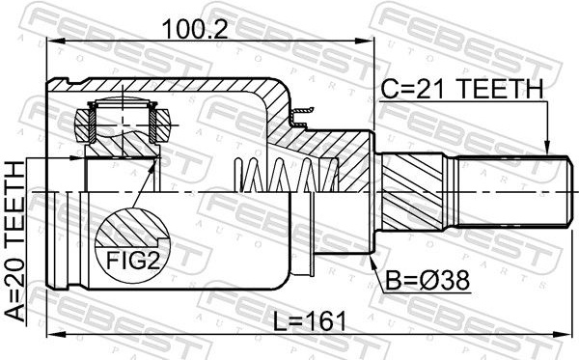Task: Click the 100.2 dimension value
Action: pyautogui.click(x=195, y=29)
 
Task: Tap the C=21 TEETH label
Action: pyautogui.click(x=462, y=89)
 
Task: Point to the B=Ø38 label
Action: pyautogui.click(x=427, y=280)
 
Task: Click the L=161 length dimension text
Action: pyautogui.click(x=310, y=320)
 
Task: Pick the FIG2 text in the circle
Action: pyautogui.click(x=133, y=261)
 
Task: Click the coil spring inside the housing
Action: pyautogui.click(x=287, y=175)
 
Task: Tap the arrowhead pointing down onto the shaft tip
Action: pyautogui.click(x=547, y=148)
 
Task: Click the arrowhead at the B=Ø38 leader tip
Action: pyautogui.click(x=372, y=260)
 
